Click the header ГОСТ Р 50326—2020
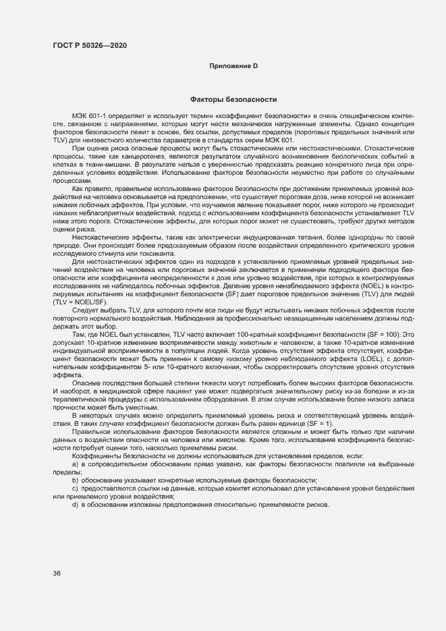(x=89, y=45)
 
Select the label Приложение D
(x=234, y=65)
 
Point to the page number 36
(x=57, y=573)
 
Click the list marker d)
(x=76, y=506)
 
